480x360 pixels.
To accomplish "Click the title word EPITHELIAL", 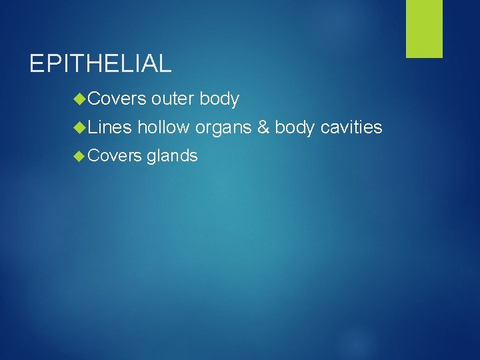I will pos(101,63).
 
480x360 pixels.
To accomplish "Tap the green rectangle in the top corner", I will pos(424,29).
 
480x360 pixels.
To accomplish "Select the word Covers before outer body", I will pos(116,99).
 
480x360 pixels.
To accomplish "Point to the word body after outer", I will pos(219,99).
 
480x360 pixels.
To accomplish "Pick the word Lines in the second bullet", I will pos(109,127).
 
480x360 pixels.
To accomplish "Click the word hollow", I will pos(163,127).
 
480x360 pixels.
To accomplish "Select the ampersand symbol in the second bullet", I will pos(263,127).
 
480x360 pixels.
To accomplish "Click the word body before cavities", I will pos(295,127).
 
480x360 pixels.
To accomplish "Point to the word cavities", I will pos(351,127).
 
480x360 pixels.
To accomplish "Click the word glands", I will pos(172,157).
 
